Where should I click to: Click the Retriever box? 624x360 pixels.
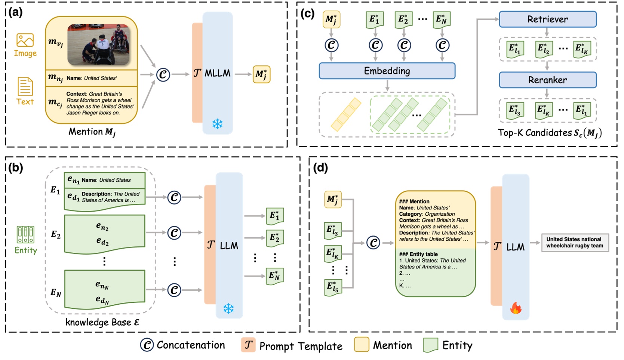pyautogui.click(x=547, y=19)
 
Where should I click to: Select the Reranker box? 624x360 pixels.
pyautogui.click(x=547, y=80)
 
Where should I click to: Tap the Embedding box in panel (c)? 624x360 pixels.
pyautogui.click(x=387, y=71)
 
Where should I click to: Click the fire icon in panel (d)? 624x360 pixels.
pyautogui.click(x=516, y=308)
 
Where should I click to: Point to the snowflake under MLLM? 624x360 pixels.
pyautogui.click(x=217, y=124)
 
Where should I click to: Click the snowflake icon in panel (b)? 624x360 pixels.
pyautogui.click(x=228, y=308)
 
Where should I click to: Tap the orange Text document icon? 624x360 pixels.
pyautogui.click(x=25, y=87)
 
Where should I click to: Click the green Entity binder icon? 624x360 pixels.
pyautogui.click(x=25, y=235)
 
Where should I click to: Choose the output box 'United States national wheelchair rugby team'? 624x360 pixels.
pyautogui.click(x=575, y=242)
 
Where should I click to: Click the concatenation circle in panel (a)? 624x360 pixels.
pyautogui.click(x=163, y=74)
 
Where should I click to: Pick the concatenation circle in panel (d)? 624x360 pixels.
pyautogui.click(x=373, y=243)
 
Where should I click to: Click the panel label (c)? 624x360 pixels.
pyautogui.click(x=308, y=14)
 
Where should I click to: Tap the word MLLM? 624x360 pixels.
pyautogui.click(x=217, y=73)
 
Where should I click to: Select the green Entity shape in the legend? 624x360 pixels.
pyautogui.click(x=431, y=345)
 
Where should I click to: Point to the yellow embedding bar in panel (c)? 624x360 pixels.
pyautogui.click(x=346, y=114)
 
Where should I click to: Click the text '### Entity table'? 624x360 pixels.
pyautogui.click(x=418, y=254)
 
